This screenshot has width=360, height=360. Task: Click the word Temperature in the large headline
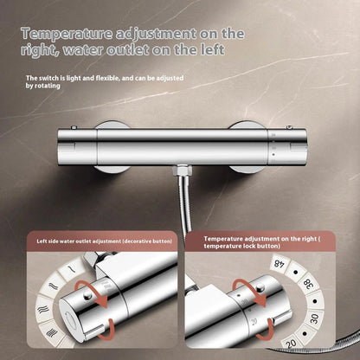click(67, 34)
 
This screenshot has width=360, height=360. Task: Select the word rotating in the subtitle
click(48, 86)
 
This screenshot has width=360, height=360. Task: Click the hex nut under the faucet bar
click(180, 170)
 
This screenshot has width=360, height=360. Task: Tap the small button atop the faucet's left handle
click(74, 127)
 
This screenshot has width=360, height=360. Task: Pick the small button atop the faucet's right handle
click(289, 127)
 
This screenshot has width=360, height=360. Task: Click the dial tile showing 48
click(278, 263)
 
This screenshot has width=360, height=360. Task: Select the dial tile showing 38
click(308, 285)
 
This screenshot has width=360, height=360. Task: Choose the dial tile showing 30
click(314, 318)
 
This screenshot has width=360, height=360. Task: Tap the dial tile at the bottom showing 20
click(292, 344)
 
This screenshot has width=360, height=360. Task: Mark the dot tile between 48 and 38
click(295, 272)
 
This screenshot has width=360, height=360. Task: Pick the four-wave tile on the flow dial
click(51, 332)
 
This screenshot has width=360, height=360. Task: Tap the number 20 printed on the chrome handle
click(254, 322)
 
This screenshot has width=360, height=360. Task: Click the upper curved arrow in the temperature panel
click(251, 292)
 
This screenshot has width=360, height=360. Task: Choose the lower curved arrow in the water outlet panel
click(106, 330)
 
